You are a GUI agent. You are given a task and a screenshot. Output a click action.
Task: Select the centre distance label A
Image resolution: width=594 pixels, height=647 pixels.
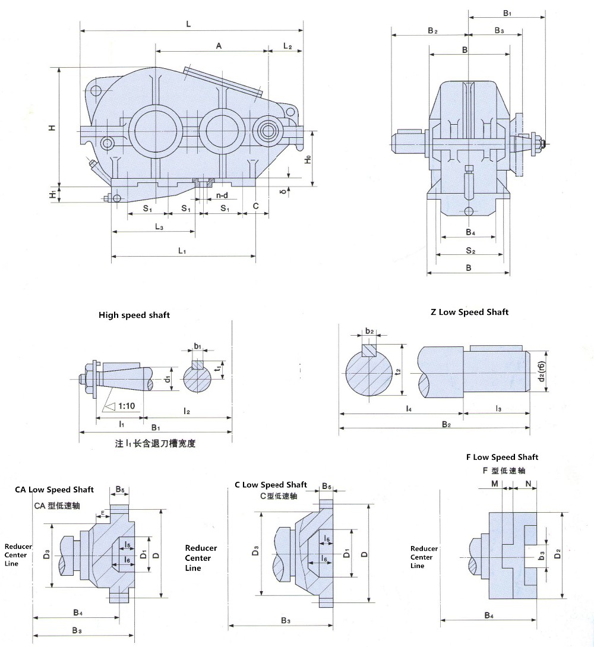tap(219, 46)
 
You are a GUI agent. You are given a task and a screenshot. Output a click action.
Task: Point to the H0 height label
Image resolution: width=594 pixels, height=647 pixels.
tap(307, 159)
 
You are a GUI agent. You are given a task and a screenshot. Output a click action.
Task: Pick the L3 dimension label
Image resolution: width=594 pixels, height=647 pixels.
tap(159, 226)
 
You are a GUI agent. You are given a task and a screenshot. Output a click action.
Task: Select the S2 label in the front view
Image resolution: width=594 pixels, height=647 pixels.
tap(470, 251)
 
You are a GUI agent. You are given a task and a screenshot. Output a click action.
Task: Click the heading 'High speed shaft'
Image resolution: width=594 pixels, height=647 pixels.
tap(134, 315)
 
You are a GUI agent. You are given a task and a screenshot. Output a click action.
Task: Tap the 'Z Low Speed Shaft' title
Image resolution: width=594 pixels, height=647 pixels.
tap(469, 311)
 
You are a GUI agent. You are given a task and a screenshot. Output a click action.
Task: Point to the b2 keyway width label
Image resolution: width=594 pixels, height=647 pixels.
tap(369, 331)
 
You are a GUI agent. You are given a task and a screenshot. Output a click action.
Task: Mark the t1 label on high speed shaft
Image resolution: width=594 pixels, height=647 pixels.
tap(219, 368)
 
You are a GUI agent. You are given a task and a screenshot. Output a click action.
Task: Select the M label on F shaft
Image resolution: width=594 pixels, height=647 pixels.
tap(495, 484)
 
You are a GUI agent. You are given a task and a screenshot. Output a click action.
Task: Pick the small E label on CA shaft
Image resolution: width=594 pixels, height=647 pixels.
tap(103, 512)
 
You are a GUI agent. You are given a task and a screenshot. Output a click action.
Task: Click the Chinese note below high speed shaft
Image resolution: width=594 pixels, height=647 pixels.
tap(154, 443)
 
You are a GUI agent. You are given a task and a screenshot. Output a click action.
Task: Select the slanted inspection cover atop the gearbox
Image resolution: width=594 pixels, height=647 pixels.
tap(223, 81)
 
